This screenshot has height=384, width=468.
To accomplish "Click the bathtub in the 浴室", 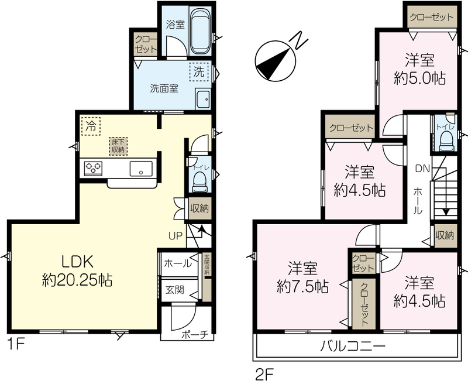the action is click(201, 31).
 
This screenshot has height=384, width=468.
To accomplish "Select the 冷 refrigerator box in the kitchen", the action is click(91, 126).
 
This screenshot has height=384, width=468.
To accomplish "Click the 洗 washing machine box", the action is click(199, 71).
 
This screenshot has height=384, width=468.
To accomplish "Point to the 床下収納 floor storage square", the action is click(118, 146).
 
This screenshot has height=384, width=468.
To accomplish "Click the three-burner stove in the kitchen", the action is click(94, 169).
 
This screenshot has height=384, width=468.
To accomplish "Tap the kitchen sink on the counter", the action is click(141, 169).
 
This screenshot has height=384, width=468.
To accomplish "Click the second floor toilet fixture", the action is click(447, 141).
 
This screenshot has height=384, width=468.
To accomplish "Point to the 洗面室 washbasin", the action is click(203, 98).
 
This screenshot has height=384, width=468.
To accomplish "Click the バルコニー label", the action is click(353, 347).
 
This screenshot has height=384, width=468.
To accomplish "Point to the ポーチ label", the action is click(195, 335).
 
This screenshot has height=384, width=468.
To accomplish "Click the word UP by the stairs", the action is click(175, 236).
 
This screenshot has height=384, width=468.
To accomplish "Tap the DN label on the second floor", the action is click(422, 169).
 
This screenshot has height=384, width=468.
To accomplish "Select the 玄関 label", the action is click(175, 290).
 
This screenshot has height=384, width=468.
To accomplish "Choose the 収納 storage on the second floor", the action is click(445, 235).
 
